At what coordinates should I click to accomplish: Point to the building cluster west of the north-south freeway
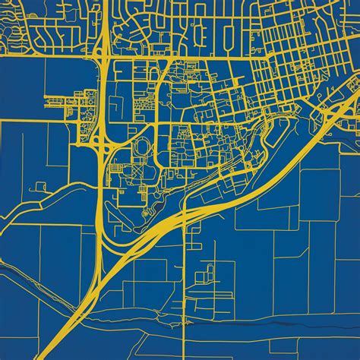click(72, 99)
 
